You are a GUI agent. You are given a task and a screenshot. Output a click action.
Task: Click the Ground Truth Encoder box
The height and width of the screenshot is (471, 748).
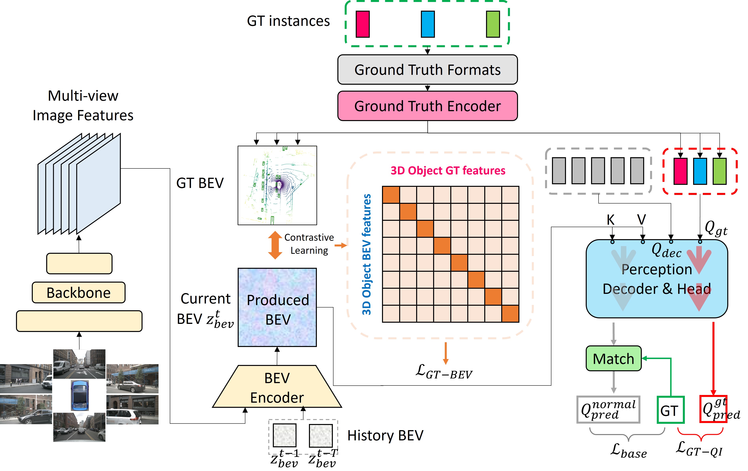tap(427, 106)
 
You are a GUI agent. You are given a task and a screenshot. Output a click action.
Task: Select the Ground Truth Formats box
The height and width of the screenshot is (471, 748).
tap(427, 70)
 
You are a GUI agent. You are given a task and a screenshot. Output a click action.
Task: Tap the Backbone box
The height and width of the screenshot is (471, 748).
tap(79, 292)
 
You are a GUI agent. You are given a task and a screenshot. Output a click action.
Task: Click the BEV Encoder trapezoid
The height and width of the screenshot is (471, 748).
tap(277, 387)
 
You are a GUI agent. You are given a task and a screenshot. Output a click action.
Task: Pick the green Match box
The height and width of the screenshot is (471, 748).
tap(613, 358)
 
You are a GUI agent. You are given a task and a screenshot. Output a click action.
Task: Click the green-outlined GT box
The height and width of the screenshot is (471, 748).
tap(670, 410)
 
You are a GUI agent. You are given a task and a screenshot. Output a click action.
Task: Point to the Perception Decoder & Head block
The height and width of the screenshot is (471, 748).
tap(656, 279)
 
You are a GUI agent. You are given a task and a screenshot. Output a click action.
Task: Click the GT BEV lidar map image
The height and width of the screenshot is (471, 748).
tap(277, 185)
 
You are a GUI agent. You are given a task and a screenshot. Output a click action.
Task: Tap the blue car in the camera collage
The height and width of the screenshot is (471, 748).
tap(80, 395)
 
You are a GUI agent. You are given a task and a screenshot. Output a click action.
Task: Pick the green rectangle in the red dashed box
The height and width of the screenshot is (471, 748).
tap(719, 171)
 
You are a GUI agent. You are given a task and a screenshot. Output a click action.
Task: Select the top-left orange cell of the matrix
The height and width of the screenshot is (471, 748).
tap(391, 195)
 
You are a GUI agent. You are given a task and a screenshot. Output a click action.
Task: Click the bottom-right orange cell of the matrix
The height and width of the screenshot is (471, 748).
tap(510, 313)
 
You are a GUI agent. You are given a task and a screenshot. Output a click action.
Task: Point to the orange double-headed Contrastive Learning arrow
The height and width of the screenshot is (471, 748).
tap(275, 245)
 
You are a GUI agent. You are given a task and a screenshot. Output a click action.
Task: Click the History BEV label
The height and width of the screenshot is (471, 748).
tap(385, 435)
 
